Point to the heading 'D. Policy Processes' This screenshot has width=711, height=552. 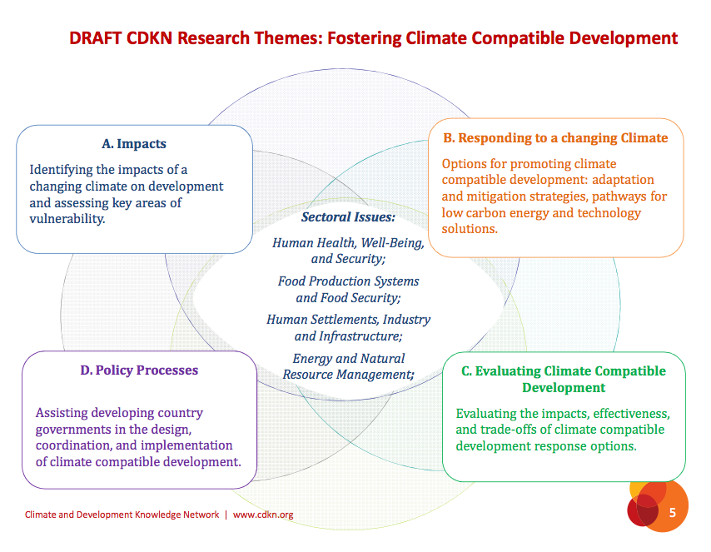[x=139, y=370]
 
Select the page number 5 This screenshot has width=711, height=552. [x=673, y=514]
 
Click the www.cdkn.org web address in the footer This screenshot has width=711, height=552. [x=263, y=515]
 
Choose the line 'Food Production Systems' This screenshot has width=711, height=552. [x=348, y=281]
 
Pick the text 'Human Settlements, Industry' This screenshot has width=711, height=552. [x=348, y=320]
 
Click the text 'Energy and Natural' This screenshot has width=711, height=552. [x=348, y=359]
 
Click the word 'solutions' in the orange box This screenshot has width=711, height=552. [x=468, y=229]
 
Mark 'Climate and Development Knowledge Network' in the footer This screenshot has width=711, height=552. [x=122, y=515]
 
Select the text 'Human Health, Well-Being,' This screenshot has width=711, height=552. [x=348, y=243]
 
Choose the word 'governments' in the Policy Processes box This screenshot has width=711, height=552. [x=71, y=429]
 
